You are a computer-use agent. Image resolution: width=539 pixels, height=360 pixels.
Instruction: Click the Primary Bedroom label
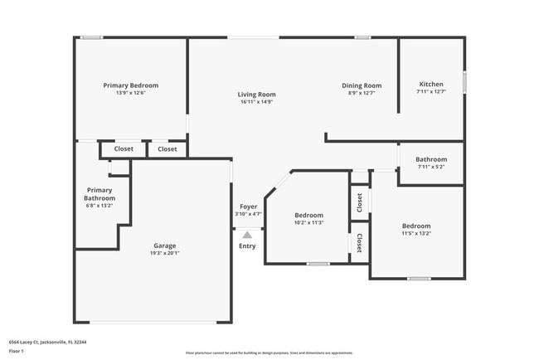[x=130, y=85]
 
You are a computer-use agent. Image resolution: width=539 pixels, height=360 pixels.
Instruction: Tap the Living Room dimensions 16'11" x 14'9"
[x=256, y=102]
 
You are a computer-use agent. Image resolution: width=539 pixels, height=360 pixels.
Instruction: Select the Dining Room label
[x=362, y=85]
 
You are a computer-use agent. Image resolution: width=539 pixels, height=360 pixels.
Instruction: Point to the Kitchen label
[x=430, y=85]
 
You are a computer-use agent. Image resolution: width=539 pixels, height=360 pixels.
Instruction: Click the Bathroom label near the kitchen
[x=430, y=159]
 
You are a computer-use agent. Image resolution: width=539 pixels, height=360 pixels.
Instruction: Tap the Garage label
[x=163, y=246]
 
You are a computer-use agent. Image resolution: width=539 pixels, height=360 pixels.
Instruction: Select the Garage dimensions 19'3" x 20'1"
[x=163, y=253]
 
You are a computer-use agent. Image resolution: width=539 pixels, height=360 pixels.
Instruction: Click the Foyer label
[x=248, y=207]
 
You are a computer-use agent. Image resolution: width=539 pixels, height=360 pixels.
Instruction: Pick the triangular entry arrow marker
[x=247, y=235]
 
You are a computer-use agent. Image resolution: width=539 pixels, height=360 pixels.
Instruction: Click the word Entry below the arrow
[x=247, y=246]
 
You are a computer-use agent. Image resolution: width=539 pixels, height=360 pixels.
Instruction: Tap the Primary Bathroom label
[x=99, y=194]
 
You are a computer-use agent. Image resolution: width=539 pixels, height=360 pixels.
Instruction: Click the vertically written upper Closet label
[x=359, y=202]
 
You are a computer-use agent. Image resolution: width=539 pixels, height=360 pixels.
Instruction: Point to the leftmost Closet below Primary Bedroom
[x=124, y=149]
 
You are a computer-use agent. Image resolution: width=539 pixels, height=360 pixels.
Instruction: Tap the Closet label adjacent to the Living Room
[x=168, y=149]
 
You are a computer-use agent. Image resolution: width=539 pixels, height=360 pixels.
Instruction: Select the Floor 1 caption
[x=17, y=351]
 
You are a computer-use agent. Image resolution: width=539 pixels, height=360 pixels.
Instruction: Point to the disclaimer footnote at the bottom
[x=269, y=353]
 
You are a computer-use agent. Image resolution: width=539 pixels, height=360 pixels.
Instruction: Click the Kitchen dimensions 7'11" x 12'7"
[x=430, y=92]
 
